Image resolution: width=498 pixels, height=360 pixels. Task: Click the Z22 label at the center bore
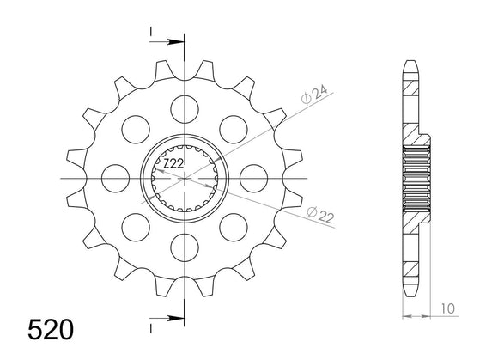click(x=173, y=163)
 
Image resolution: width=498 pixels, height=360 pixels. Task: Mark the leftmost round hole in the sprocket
click(x=112, y=178)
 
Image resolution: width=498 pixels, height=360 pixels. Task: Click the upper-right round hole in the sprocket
click(x=234, y=128)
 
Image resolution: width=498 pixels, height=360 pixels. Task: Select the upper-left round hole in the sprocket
click(x=133, y=128)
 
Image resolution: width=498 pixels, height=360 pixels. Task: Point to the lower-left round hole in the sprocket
click(x=133, y=229)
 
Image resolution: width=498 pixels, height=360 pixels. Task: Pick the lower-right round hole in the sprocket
click(x=234, y=229)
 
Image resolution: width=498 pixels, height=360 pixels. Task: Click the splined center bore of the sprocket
click(x=184, y=178)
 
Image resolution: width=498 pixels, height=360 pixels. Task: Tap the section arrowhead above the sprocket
click(x=177, y=40)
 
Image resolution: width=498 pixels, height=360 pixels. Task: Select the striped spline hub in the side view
click(x=416, y=178)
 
